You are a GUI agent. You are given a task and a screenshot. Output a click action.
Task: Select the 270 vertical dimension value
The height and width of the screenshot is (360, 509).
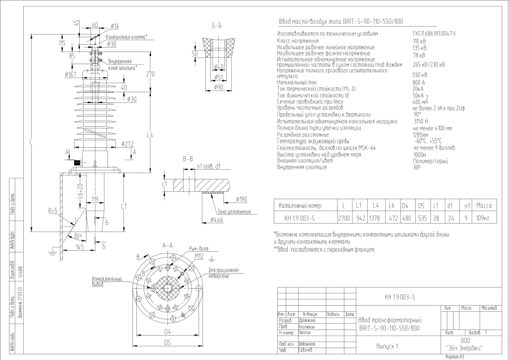click(x=150, y=75)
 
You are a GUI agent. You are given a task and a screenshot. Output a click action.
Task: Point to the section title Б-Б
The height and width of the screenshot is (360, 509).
click(x=217, y=26)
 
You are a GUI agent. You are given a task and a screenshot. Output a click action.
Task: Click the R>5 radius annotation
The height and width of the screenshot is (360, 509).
click(x=53, y=211)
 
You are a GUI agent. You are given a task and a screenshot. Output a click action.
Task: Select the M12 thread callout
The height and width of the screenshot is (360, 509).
click(x=199, y=256)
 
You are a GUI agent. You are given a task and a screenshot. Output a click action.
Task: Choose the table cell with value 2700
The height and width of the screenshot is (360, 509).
click(x=343, y=217)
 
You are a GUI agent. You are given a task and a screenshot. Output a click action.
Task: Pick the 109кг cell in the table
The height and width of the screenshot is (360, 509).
click(x=483, y=217)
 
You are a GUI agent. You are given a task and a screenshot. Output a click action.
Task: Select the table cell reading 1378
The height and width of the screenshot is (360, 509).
click(x=374, y=217)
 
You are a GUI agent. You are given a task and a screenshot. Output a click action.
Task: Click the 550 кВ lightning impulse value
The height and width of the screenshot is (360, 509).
click(x=420, y=75)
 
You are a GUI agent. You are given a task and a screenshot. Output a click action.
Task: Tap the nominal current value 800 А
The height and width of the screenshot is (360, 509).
click(x=419, y=83)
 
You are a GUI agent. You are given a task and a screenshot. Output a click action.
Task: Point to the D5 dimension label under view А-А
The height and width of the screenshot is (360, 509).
click(x=167, y=343)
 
